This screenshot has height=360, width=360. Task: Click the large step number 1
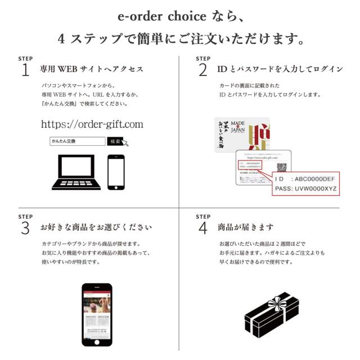point(25,70)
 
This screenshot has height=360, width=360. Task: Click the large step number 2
point(202,70)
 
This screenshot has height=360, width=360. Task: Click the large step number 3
point(25,228)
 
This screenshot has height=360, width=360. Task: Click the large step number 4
point(202,228)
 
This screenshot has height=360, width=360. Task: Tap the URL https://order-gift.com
point(92,124)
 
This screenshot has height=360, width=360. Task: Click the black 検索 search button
point(115,142)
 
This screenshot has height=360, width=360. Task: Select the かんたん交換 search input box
point(77,142)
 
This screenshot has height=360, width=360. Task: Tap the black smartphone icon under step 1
point(116,172)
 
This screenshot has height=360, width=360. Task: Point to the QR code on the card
point(281,168)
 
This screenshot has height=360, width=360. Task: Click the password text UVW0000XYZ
point(314,188)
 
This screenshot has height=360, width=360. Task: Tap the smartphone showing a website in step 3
point(97,314)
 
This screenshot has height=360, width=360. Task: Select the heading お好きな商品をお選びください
point(96,228)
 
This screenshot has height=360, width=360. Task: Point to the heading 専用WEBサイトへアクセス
point(91,70)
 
